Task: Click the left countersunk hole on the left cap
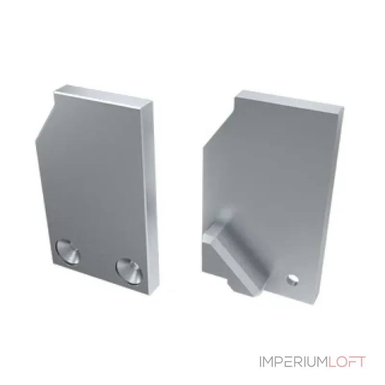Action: tap(68, 252)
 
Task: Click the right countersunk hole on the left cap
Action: tap(129, 271)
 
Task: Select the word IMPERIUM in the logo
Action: tap(294, 362)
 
